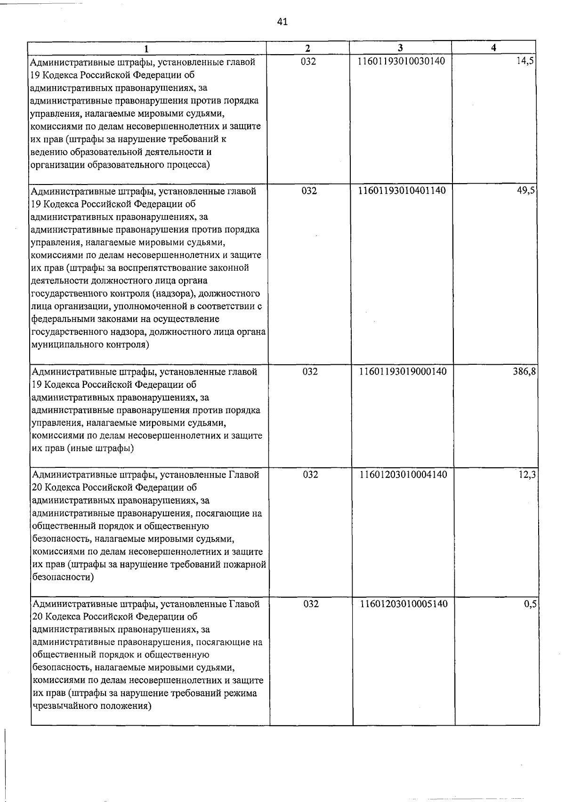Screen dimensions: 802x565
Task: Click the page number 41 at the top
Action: coord(282,21)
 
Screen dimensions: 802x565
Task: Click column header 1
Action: coord(146,48)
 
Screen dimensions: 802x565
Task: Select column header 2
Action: coord(307,48)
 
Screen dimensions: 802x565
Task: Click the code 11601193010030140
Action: coord(401,61)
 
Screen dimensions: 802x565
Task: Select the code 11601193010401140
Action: coord(402,191)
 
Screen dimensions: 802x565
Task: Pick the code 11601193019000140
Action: coord(403,371)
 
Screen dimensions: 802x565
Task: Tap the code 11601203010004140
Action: coord(403,474)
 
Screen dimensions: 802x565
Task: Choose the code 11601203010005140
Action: coord(404,603)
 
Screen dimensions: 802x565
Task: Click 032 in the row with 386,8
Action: coord(310,371)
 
